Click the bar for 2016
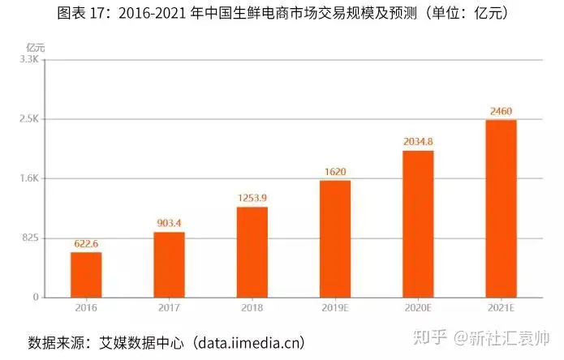click(86, 275)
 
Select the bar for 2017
click(169, 265)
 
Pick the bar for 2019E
click(335, 238)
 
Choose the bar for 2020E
click(418, 224)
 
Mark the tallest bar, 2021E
click(501, 208)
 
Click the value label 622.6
click(86, 242)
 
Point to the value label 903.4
click(169, 222)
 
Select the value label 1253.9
click(252, 197)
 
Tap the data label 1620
click(335, 171)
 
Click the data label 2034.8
click(418, 141)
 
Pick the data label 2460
click(501, 110)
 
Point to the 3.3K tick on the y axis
click(29, 59)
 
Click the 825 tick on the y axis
click(29, 238)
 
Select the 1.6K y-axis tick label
click(29, 178)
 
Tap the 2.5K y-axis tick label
click(29, 119)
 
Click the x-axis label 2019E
click(335, 309)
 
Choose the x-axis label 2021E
click(501, 309)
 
